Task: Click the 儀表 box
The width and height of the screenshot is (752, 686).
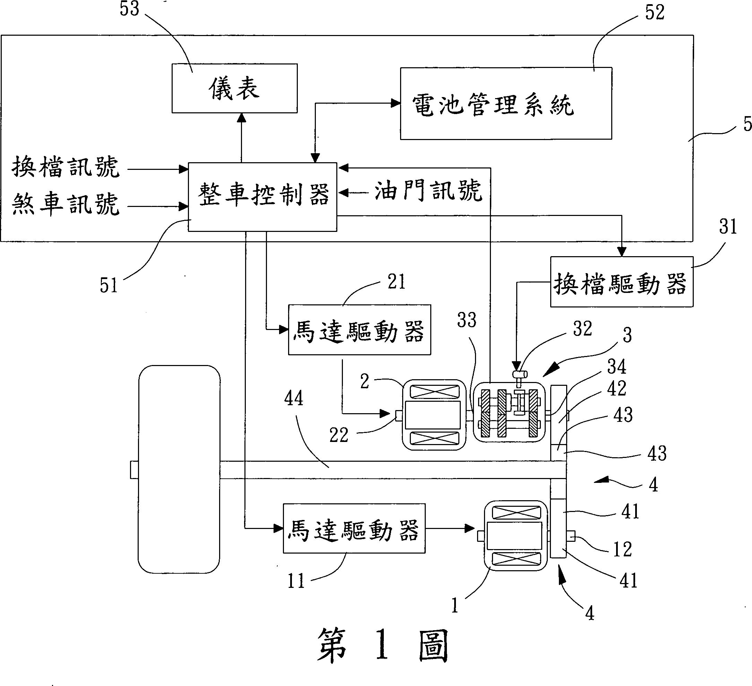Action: (x=234, y=88)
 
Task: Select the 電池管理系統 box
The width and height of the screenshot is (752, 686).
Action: (x=505, y=104)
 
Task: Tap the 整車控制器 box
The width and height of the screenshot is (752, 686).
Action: (x=262, y=197)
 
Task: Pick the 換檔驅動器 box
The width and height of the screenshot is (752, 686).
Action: (x=621, y=282)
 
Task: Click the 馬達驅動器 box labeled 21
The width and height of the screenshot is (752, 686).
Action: (x=359, y=330)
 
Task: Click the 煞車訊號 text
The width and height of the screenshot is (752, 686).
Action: (x=66, y=205)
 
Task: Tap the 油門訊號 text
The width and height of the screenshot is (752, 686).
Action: (x=428, y=191)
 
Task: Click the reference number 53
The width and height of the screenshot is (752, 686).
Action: (x=129, y=9)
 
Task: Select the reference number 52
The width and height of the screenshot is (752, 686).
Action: (x=655, y=13)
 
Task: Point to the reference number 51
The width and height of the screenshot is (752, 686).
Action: (x=109, y=286)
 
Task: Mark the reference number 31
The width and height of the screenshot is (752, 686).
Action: (x=728, y=227)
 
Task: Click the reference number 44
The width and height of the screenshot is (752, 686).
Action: (x=294, y=398)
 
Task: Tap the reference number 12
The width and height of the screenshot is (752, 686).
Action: (x=623, y=549)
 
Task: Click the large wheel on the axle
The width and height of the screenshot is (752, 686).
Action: (x=179, y=469)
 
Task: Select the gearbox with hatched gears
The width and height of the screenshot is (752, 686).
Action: (x=509, y=412)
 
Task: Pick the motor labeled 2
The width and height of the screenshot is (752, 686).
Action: (x=434, y=415)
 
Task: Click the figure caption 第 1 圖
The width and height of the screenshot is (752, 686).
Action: (x=382, y=645)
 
